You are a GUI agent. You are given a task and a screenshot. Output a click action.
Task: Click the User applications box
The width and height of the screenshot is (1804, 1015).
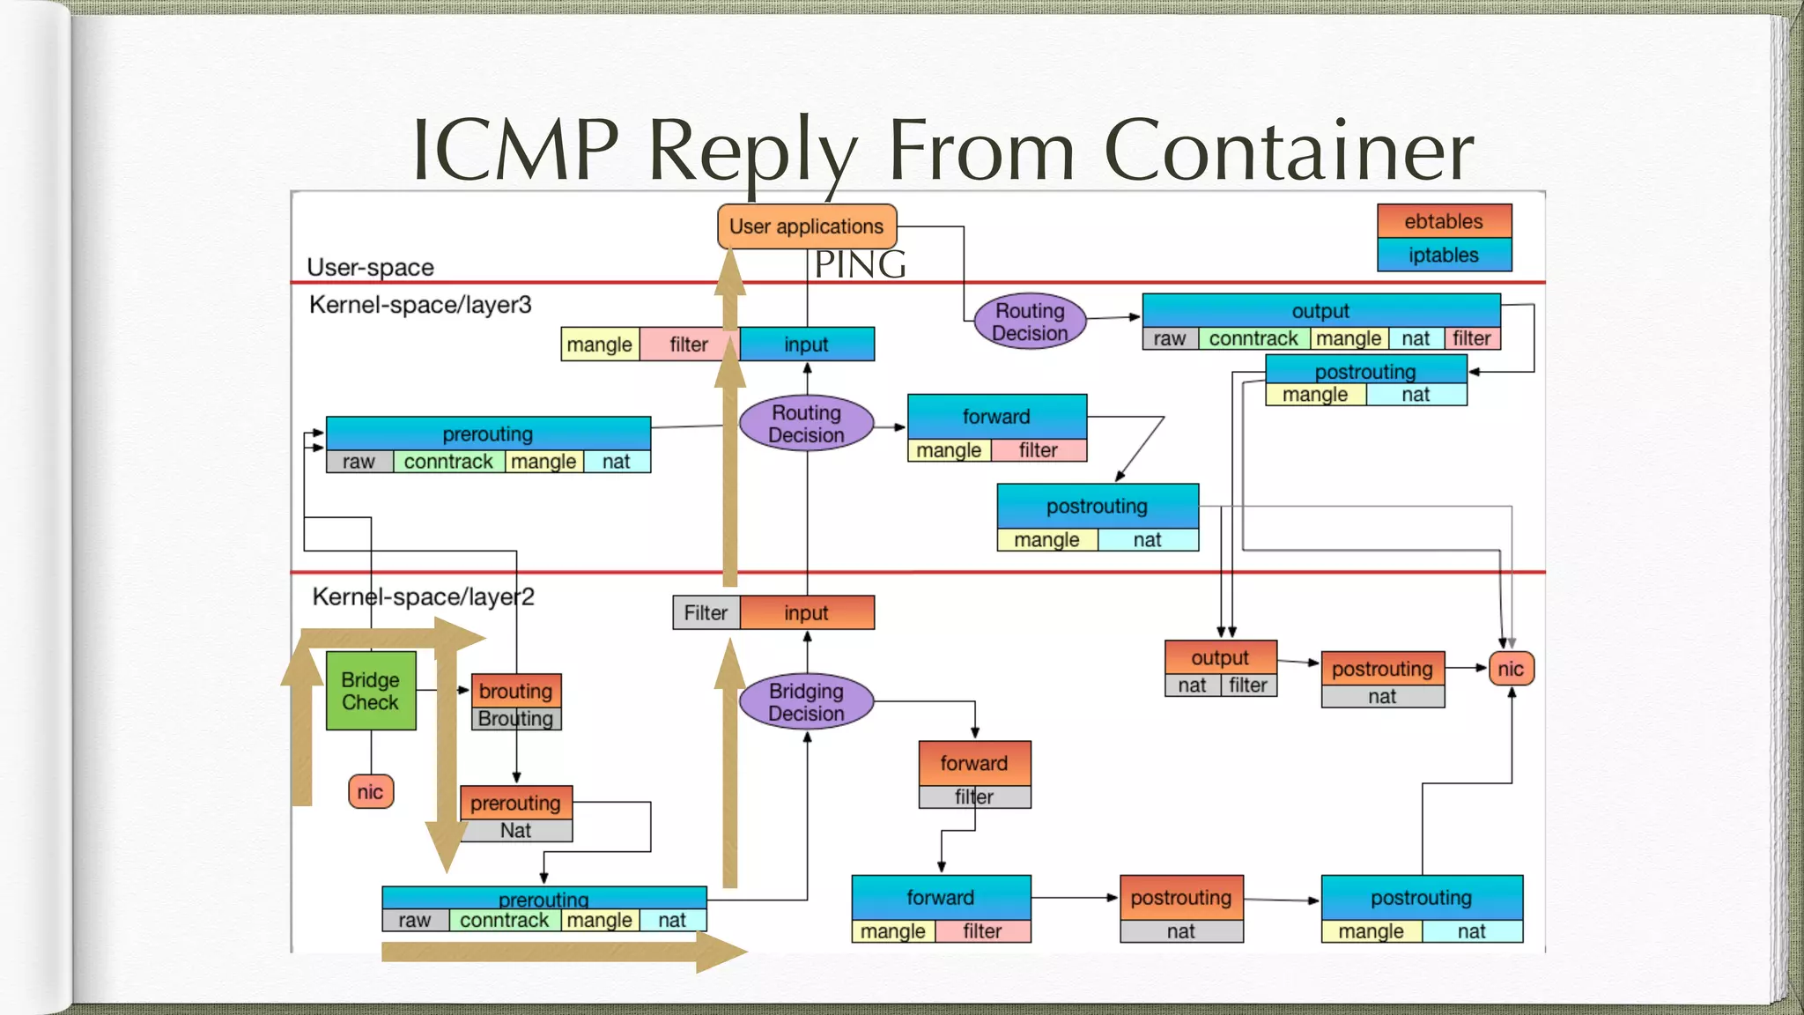coord(806,226)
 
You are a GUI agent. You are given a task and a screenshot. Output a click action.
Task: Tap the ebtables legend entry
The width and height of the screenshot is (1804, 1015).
coord(1443,221)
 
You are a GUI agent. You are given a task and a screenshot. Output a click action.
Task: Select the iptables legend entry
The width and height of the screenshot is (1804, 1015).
coord(1443,256)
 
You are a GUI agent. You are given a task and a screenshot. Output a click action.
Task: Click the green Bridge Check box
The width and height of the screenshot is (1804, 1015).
coord(370,691)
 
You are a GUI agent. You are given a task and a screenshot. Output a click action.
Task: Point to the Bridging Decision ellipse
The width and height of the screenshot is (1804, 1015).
coord(806,702)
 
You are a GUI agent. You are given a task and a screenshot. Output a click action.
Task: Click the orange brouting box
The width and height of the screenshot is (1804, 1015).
coord(515,691)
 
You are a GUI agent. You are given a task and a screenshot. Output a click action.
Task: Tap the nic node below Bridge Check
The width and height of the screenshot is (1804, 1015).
coord(370,791)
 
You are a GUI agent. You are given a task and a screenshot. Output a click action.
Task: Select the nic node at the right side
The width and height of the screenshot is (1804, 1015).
coord(1511,669)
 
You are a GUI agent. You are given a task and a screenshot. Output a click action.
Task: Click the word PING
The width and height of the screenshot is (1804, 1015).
coord(860,264)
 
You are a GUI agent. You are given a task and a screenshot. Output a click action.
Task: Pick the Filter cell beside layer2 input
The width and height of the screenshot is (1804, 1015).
coord(706,613)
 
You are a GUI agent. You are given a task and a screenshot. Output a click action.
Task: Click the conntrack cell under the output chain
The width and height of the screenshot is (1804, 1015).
coord(1253,338)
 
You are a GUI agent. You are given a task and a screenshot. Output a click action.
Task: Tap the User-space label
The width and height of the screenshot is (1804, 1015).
coord(370,267)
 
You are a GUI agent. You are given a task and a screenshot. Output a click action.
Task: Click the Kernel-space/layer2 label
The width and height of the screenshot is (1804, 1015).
coord(423,596)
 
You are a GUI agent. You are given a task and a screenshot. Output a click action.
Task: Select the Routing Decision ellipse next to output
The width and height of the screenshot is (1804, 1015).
coord(1030,322)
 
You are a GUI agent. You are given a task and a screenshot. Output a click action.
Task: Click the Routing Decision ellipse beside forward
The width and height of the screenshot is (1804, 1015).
coord(806,424)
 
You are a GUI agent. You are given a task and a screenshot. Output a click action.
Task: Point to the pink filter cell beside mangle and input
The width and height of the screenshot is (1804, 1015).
coord(688,345)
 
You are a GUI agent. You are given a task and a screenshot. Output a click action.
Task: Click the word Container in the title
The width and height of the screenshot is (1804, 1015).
coord(1288,150)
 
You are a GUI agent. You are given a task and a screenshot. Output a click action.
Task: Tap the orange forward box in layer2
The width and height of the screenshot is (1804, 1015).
coord(973,763)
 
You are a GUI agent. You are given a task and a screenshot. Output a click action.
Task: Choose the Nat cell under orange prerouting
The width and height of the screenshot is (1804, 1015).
coord(515,831)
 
